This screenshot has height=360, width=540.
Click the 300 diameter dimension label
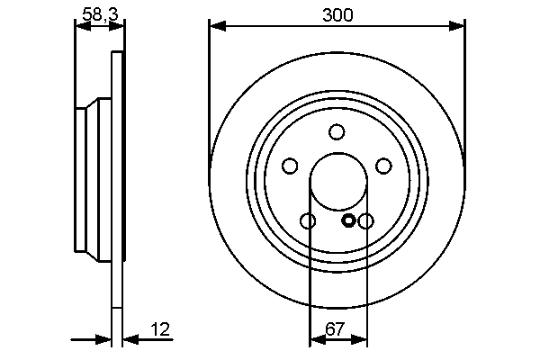(x=337, y=14)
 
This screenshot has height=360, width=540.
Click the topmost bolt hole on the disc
(x=337, y=132)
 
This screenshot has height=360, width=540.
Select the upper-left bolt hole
(x=290, y=166)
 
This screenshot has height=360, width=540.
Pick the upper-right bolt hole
(x=384, y=166)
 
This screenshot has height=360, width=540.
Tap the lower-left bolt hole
(x=308, y=221)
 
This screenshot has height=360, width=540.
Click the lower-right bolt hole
(x=366, y=221)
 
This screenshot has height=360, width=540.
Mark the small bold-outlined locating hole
(x=349, y=220)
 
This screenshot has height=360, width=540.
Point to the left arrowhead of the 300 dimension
(x=216, y=27)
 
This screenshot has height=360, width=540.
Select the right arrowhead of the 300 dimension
(x=458, y=27)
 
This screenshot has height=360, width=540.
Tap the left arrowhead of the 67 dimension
(x=316, y=339)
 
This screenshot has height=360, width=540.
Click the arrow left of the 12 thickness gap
(x=103, y=339)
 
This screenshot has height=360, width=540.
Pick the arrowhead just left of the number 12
(x=129, y=339)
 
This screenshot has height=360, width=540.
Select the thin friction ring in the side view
(x=116, y=180)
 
